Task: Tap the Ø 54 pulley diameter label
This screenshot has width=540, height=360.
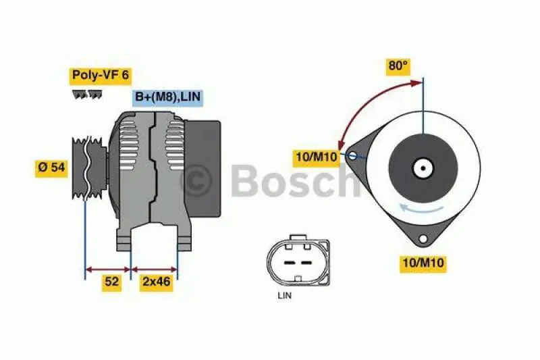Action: click(51, 168)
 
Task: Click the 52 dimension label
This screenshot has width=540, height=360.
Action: click(112, 282)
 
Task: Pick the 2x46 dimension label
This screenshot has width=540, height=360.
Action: click(155, 282)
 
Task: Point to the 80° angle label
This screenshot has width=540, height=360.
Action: click(398, 66)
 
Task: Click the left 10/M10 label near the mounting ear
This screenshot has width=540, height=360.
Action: click(317, 157)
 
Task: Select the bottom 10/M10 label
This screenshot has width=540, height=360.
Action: click(423, 263)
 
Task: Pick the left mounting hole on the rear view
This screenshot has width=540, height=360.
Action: click(352, 157)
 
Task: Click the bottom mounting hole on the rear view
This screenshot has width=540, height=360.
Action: click(423, 238)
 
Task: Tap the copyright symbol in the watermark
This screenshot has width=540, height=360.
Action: click(197, 180)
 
